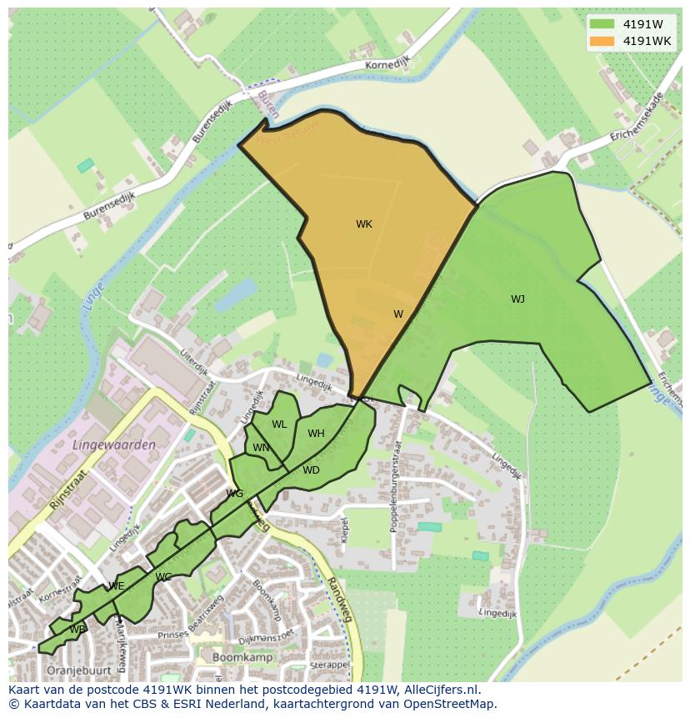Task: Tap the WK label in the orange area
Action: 364,224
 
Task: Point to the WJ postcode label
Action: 517,299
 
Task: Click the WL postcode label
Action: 279,424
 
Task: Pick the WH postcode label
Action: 316,434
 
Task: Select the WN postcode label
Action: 261,448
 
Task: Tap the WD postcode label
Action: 311,470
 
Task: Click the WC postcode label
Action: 163,577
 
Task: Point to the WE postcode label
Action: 117,586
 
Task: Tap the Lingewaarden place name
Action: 113,445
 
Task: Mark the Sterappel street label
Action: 328,665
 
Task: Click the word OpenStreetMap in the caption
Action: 451,703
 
